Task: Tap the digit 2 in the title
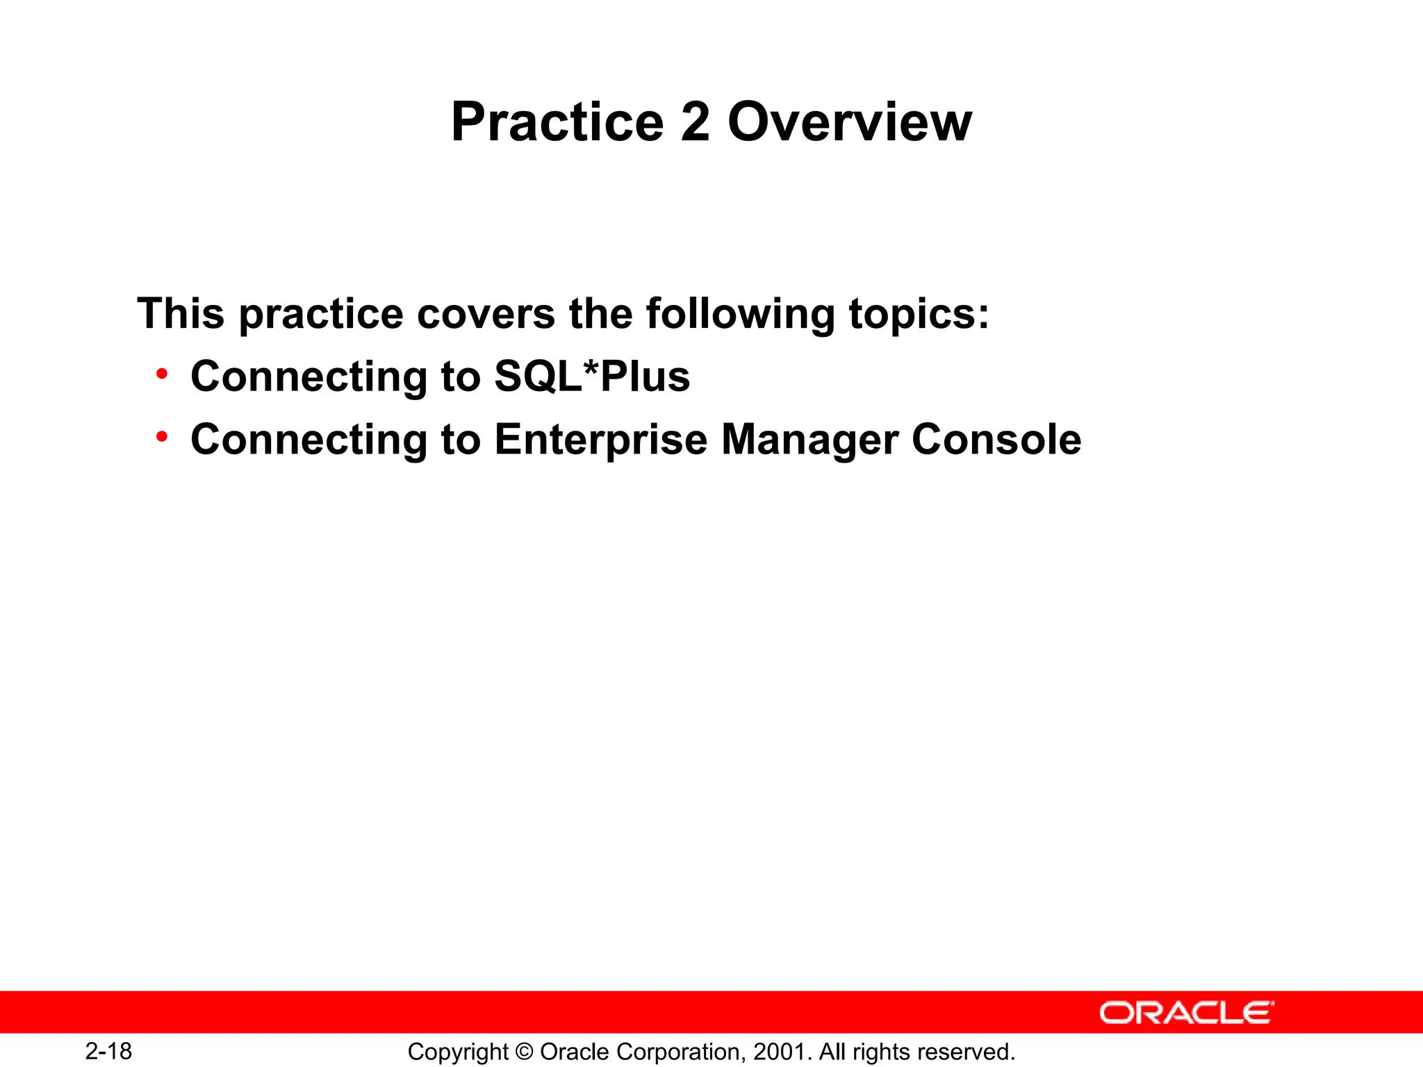pos(696,122)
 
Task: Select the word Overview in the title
pos(849,122)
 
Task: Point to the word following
pos(740,313)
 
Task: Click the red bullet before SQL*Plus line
pos(162,374)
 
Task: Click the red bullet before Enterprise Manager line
pos(162,437)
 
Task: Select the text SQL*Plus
pos(592,377)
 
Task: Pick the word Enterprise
pos(600,440)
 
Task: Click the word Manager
pos(809,440)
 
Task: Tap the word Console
pos(996,440)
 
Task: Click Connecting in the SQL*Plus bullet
pos(309,377)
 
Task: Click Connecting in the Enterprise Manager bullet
pos(309,440)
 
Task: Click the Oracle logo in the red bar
pos(1186,1013)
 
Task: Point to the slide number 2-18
pos(108,1051)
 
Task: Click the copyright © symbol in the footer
pos(525,1052)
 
